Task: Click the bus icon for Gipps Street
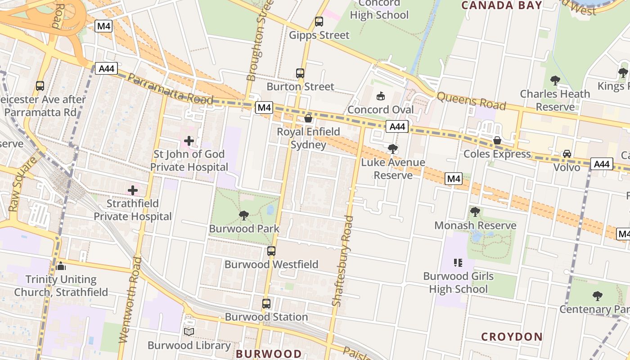pos(319,21)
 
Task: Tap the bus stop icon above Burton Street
pos(300,73)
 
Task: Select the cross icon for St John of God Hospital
pos(189,141)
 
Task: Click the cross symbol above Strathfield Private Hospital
pos(133,190)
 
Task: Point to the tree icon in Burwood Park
pos(244,215)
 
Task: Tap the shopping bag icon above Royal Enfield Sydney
pos(308,118)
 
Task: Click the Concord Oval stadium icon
pos(381,96)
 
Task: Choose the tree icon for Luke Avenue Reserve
pos(393,149)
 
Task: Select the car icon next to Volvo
pos(567,154)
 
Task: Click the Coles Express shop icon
pos(497,140)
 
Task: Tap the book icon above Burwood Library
pos(189,332)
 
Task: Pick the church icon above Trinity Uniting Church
pos(61,266)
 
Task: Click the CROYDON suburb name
pos(512,337)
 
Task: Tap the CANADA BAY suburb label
pos(502,5)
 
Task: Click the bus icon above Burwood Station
pos(266,304)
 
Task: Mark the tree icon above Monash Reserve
pos(475,212)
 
